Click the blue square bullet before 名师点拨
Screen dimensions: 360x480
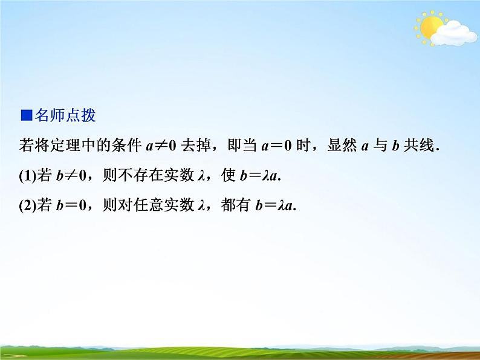point(25,115)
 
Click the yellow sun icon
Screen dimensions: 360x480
point(431,27)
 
